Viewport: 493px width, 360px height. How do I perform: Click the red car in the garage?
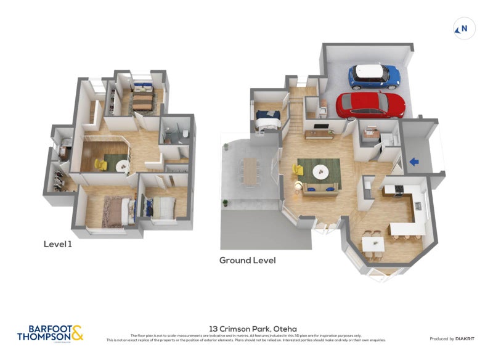[370, 104]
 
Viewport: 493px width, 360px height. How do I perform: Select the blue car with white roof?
[375, 75]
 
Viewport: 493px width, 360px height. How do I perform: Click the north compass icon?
[463, 28]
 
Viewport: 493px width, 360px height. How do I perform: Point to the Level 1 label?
[58, 244]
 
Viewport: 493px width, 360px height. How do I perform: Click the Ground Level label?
[247, 260]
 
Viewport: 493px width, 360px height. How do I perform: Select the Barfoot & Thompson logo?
[50, 333]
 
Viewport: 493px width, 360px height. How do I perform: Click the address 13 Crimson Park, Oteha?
[246, 329]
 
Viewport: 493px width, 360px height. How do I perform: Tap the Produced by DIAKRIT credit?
[450, 338]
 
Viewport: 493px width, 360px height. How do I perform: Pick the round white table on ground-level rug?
[320, 171]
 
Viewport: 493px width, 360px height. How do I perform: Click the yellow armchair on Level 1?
[102, 165]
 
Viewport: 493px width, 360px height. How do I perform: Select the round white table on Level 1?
[121, 165]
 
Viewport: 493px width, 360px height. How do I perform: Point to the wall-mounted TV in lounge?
[320, 128]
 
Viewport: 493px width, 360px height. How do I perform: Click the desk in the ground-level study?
[372, 132]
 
